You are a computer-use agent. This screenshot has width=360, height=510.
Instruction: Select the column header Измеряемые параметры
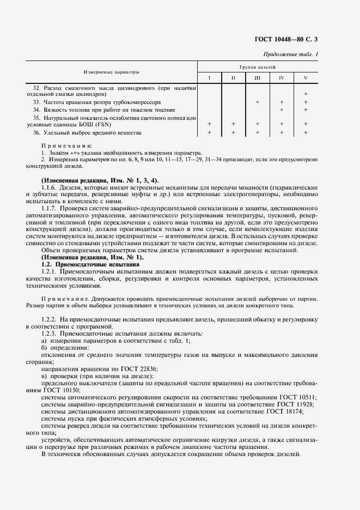point(112,72)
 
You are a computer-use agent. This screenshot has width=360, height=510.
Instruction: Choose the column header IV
point(282,78)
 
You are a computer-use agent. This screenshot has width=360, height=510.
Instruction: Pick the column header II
point(233,78)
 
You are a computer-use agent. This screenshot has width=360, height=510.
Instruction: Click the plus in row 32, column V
point(306,94)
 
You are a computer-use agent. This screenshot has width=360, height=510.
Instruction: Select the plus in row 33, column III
point(258,102)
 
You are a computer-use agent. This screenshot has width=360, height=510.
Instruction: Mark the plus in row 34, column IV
point(282,110)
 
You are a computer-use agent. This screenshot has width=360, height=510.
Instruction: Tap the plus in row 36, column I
point(210,132)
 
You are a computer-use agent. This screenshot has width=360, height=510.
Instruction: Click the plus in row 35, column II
point(233,124)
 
